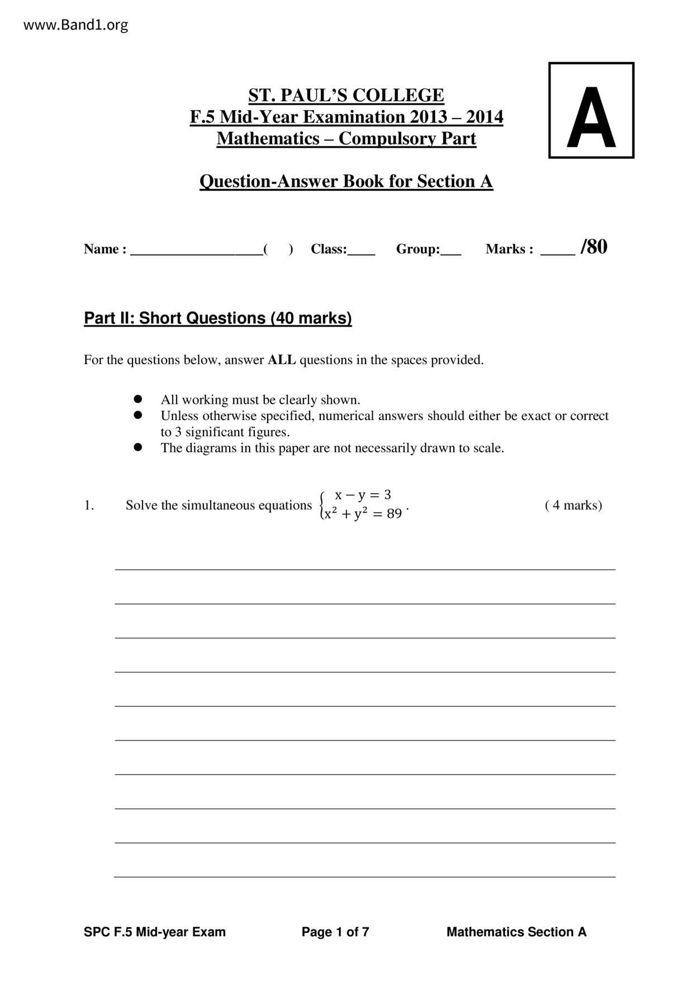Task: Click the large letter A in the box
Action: [x=591, y=118]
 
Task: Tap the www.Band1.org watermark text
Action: [x=75, y=25]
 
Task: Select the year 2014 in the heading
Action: [x=485, y=117]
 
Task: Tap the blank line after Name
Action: [x=196, y=250]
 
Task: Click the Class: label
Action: [x=329, y=249]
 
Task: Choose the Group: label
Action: [x=418, y=249]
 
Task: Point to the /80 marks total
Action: [x=594, y=247]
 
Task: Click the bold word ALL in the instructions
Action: [x=282, y=360]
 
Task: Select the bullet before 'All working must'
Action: [x=138, y=399]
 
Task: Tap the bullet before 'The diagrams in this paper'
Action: [x=138, y=447]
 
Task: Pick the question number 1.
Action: [x=89, y=506]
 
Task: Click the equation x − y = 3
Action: [x=363, y=495]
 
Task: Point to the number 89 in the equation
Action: [x=394, y=513]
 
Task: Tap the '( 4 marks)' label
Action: [x=573, y=506]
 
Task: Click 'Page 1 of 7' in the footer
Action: [x=335, y=932]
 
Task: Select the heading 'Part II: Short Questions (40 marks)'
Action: [x=218, y=318]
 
